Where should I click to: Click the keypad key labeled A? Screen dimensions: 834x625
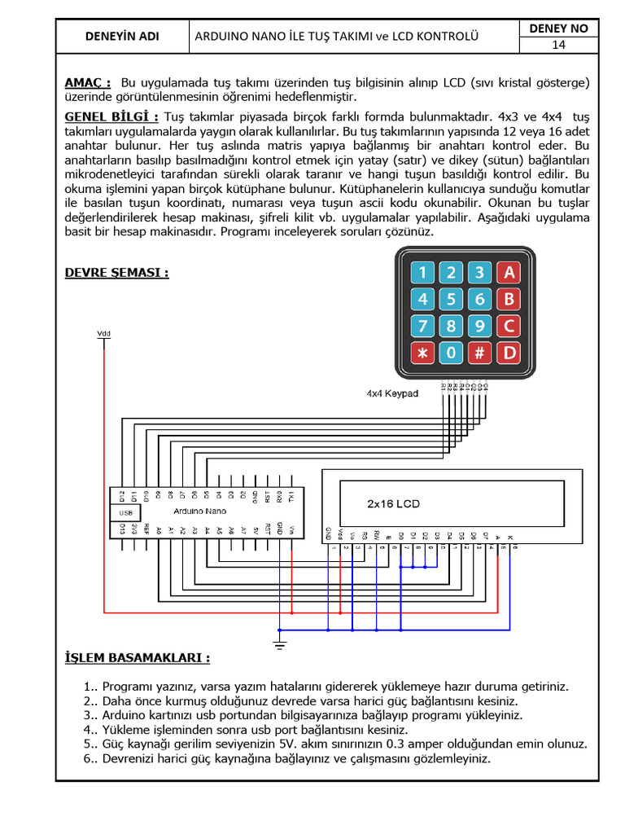coord(509,272)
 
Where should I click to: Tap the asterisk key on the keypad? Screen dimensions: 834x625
coord(422,353)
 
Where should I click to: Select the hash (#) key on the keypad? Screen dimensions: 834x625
coord(480,353)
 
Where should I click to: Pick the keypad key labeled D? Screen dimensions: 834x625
coord(509,353)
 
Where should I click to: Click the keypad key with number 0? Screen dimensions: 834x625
coord(452,353)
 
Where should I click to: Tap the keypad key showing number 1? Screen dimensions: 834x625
coord(422,272)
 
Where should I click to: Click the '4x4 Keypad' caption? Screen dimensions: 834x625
coord(391,393)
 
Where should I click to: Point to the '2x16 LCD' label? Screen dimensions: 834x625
coord(393,503)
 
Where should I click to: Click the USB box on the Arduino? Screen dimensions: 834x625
coord(125,513)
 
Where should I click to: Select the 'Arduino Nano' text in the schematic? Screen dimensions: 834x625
coord(199,511)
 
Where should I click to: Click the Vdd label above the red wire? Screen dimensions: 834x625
coord(103,333)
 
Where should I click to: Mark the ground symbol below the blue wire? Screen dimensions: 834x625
coord(279,646)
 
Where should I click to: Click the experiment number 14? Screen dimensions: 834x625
coord(558,45)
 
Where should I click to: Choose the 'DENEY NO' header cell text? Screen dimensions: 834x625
coord(558,29)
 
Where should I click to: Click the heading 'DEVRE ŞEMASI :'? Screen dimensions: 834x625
coord(116,272)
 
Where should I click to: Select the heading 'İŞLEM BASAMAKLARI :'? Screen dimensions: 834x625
coord(137,657)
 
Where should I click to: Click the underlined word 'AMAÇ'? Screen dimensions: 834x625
coord(86,82)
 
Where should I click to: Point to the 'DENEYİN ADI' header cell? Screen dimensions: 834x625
coord(122,37)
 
